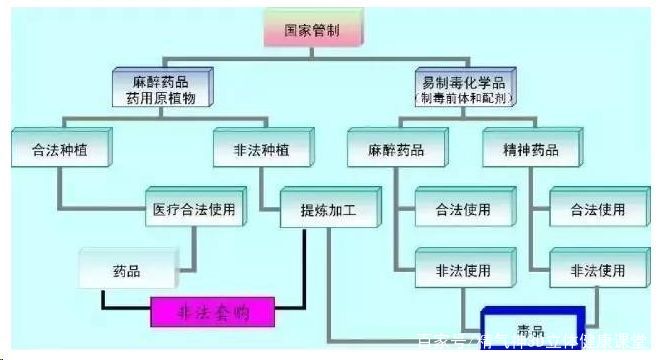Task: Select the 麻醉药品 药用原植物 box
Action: pyautogui.click(x=166, y=89)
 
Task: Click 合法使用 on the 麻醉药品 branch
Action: pyautogui.click(x=463, y=210)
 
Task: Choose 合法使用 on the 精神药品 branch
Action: pyautogui.click(x=598, y=210)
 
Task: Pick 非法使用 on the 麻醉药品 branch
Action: pyautogui.click(x=463, y=270)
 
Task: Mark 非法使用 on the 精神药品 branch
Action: pyautogui.click(x=598, y=270)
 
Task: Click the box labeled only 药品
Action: pyautogui.click(x=127, y=270)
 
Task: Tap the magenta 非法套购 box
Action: pyautogui.click(x=213, y=313)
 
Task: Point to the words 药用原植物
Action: pyautogui.click(x=166, y=97)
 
